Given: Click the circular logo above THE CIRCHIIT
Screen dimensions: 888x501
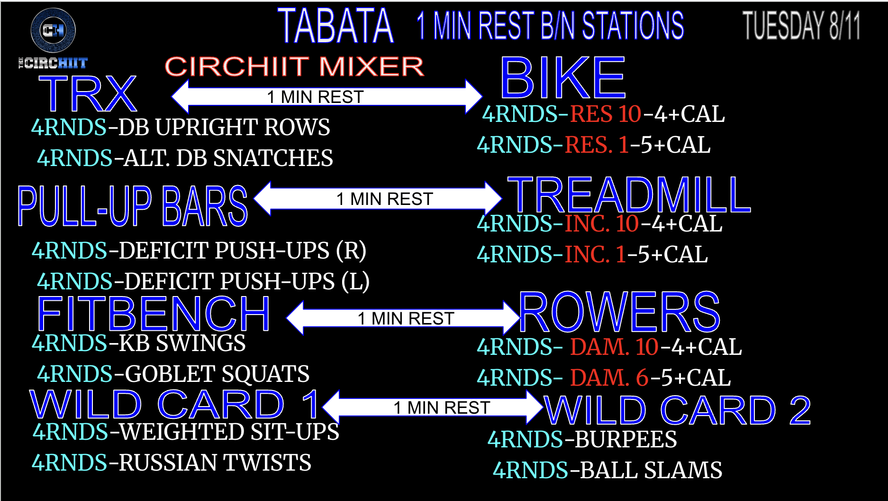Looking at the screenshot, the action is click(x=53, y=30).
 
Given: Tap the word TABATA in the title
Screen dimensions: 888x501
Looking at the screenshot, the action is click(x=335, y=27).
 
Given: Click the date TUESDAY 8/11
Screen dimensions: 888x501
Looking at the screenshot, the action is click(x=801, y=26).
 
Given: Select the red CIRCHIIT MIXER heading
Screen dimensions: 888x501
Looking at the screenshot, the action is click(x=294, y=66).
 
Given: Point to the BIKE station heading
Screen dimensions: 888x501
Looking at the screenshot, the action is click(x=563, y=77).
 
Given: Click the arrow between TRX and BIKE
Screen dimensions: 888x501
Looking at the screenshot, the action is click(x=327, y=96).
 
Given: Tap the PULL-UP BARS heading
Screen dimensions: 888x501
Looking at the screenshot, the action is click(x=133, y=205).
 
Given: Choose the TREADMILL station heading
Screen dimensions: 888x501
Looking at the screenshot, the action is click(x=629, y=195).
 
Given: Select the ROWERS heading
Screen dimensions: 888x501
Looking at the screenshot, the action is click(x=620, y=312).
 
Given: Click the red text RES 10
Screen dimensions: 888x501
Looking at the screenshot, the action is click(x=606, y=114).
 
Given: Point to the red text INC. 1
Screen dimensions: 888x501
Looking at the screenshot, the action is click(x=595, y=255).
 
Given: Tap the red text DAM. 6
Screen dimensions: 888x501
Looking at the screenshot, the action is click(x=609, y=378).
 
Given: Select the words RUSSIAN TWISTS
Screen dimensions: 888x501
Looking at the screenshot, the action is click(x=215, y=463).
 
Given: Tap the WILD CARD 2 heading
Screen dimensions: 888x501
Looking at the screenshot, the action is click(x=678, y=410).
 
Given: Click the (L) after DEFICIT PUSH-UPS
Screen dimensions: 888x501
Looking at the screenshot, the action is click(x=355, y=282).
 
